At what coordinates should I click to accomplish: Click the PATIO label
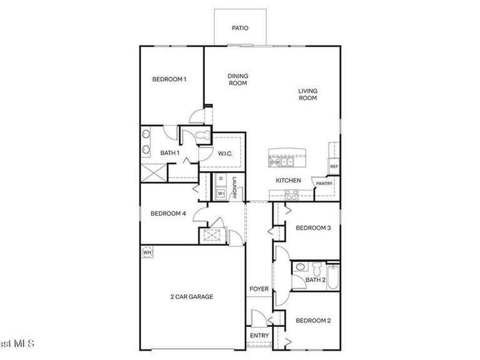pyautogui.click(x=240, y=28)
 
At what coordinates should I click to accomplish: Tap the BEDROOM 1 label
pyautogui.click(x=169, y=79)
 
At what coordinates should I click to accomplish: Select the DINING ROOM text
pyautogui.click(x=238, y=79)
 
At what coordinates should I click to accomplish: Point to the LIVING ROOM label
pyautogui.click(x=308, y=94)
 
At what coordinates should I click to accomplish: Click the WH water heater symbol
pyautogui.click(x=147, y=252)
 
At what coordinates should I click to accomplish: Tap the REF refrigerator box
pyautogui.click(x=334, y=166)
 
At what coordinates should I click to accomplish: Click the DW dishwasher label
pyautogui.click(x=274, y=162)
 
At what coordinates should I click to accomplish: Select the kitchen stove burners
pyautogui.click(x=291, y=195)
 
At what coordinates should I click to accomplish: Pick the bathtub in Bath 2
pyautogui.click(x=333, y=277)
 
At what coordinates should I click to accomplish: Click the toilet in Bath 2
pyautogui.click(x=317, y=269)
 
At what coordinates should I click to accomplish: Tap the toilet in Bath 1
pyautogui.click(x=202, y=136)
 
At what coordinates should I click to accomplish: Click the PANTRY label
pyautogui.click(x=324, y=183)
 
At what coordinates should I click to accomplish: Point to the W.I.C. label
pyautogui.click(x=225, y=153)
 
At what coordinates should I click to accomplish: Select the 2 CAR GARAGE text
pyautogui.click(x=191, y=296)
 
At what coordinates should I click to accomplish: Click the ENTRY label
pyautogui.click(x=259, y=336)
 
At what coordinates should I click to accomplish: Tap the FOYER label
pyautogui.click(x=259, y=289)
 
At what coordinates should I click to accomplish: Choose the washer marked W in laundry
pyautogui.click(x=220, y=193)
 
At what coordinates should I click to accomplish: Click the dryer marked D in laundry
pyautogui.click(x=220, y=179)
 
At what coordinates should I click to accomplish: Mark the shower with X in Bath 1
pyautogui.click(x=154, y=172)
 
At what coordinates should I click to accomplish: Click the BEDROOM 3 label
pyautogui.click(x=314, y=228)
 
